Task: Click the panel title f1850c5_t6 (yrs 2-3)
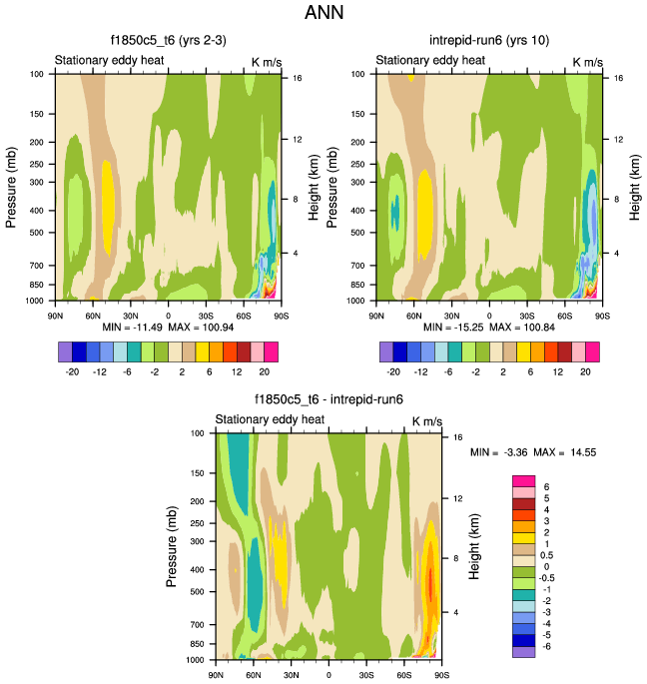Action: coord(167,42)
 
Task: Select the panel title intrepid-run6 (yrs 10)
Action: coord(488,42)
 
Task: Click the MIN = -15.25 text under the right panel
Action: coord(452,328)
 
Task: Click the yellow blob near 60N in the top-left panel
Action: coord(109,205)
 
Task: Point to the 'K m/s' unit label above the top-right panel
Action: coord(588,62)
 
